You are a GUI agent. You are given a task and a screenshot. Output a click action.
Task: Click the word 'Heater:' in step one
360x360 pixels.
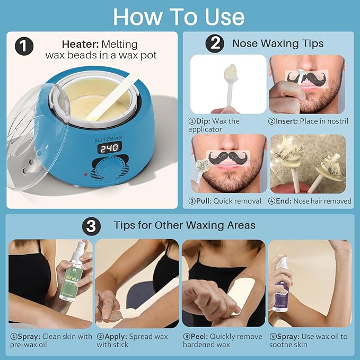(80, 43)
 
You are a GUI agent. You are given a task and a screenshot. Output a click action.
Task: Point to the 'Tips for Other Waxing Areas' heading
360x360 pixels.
(185, 225)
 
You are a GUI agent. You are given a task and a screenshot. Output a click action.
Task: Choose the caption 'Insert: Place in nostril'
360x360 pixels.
(308, 121)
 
